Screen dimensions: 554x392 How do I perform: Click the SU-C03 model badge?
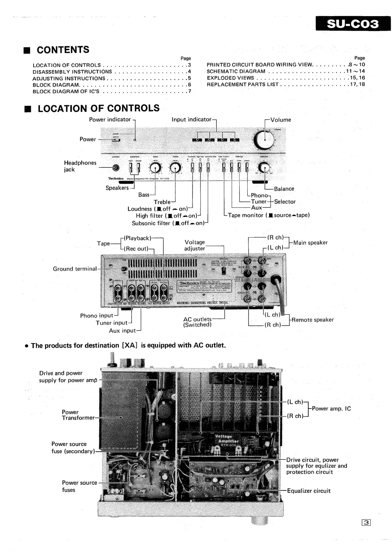pos(353,24)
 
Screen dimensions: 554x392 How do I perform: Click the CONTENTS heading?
pos(63,50)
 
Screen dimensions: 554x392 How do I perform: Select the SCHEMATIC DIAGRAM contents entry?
pos(236,71)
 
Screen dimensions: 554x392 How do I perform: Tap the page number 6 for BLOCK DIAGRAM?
pos(189,85)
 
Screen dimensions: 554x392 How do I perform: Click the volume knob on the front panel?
pos(264,140)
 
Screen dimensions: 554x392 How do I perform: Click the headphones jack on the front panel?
pos(116,168)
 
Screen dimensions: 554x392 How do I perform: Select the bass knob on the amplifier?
pos(155,168)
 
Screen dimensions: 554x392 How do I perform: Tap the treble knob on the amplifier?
pos(175,168)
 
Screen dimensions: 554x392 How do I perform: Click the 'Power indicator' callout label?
pos(110,119)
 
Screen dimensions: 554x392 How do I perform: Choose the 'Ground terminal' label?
pos(75,269)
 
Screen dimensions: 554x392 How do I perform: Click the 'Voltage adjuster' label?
pos(195,245)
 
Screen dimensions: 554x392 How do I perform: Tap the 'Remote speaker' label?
pos(312,320)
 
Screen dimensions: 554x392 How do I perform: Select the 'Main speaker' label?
pos(310,243)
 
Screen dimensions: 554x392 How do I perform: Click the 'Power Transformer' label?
pos(78,415)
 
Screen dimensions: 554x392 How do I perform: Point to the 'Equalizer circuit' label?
pos(309,491)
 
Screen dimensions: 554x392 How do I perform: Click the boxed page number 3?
pos(366,522)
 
